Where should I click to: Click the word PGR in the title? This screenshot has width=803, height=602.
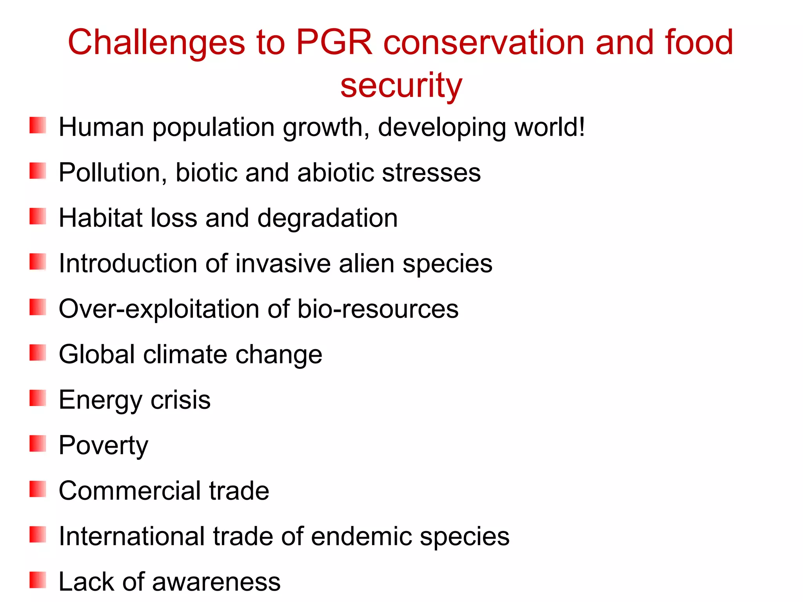point(334,42)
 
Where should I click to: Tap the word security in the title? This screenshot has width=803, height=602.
point(401,86)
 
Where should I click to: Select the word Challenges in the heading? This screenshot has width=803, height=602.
point(156,42)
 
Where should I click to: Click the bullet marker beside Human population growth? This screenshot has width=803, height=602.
point(38,125)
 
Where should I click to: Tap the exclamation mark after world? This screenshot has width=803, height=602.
point(581,127)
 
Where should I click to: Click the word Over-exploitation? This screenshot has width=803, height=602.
point(158,309)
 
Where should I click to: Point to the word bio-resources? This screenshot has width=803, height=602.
point(378,309)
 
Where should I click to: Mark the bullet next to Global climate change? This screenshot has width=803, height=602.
point(38,353)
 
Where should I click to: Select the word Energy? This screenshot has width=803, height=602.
point(100,401)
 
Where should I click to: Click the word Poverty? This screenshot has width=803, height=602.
point(104,446)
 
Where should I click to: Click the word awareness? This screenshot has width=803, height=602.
point(216,582)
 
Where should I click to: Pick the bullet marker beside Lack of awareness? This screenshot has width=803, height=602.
point(38,580)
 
